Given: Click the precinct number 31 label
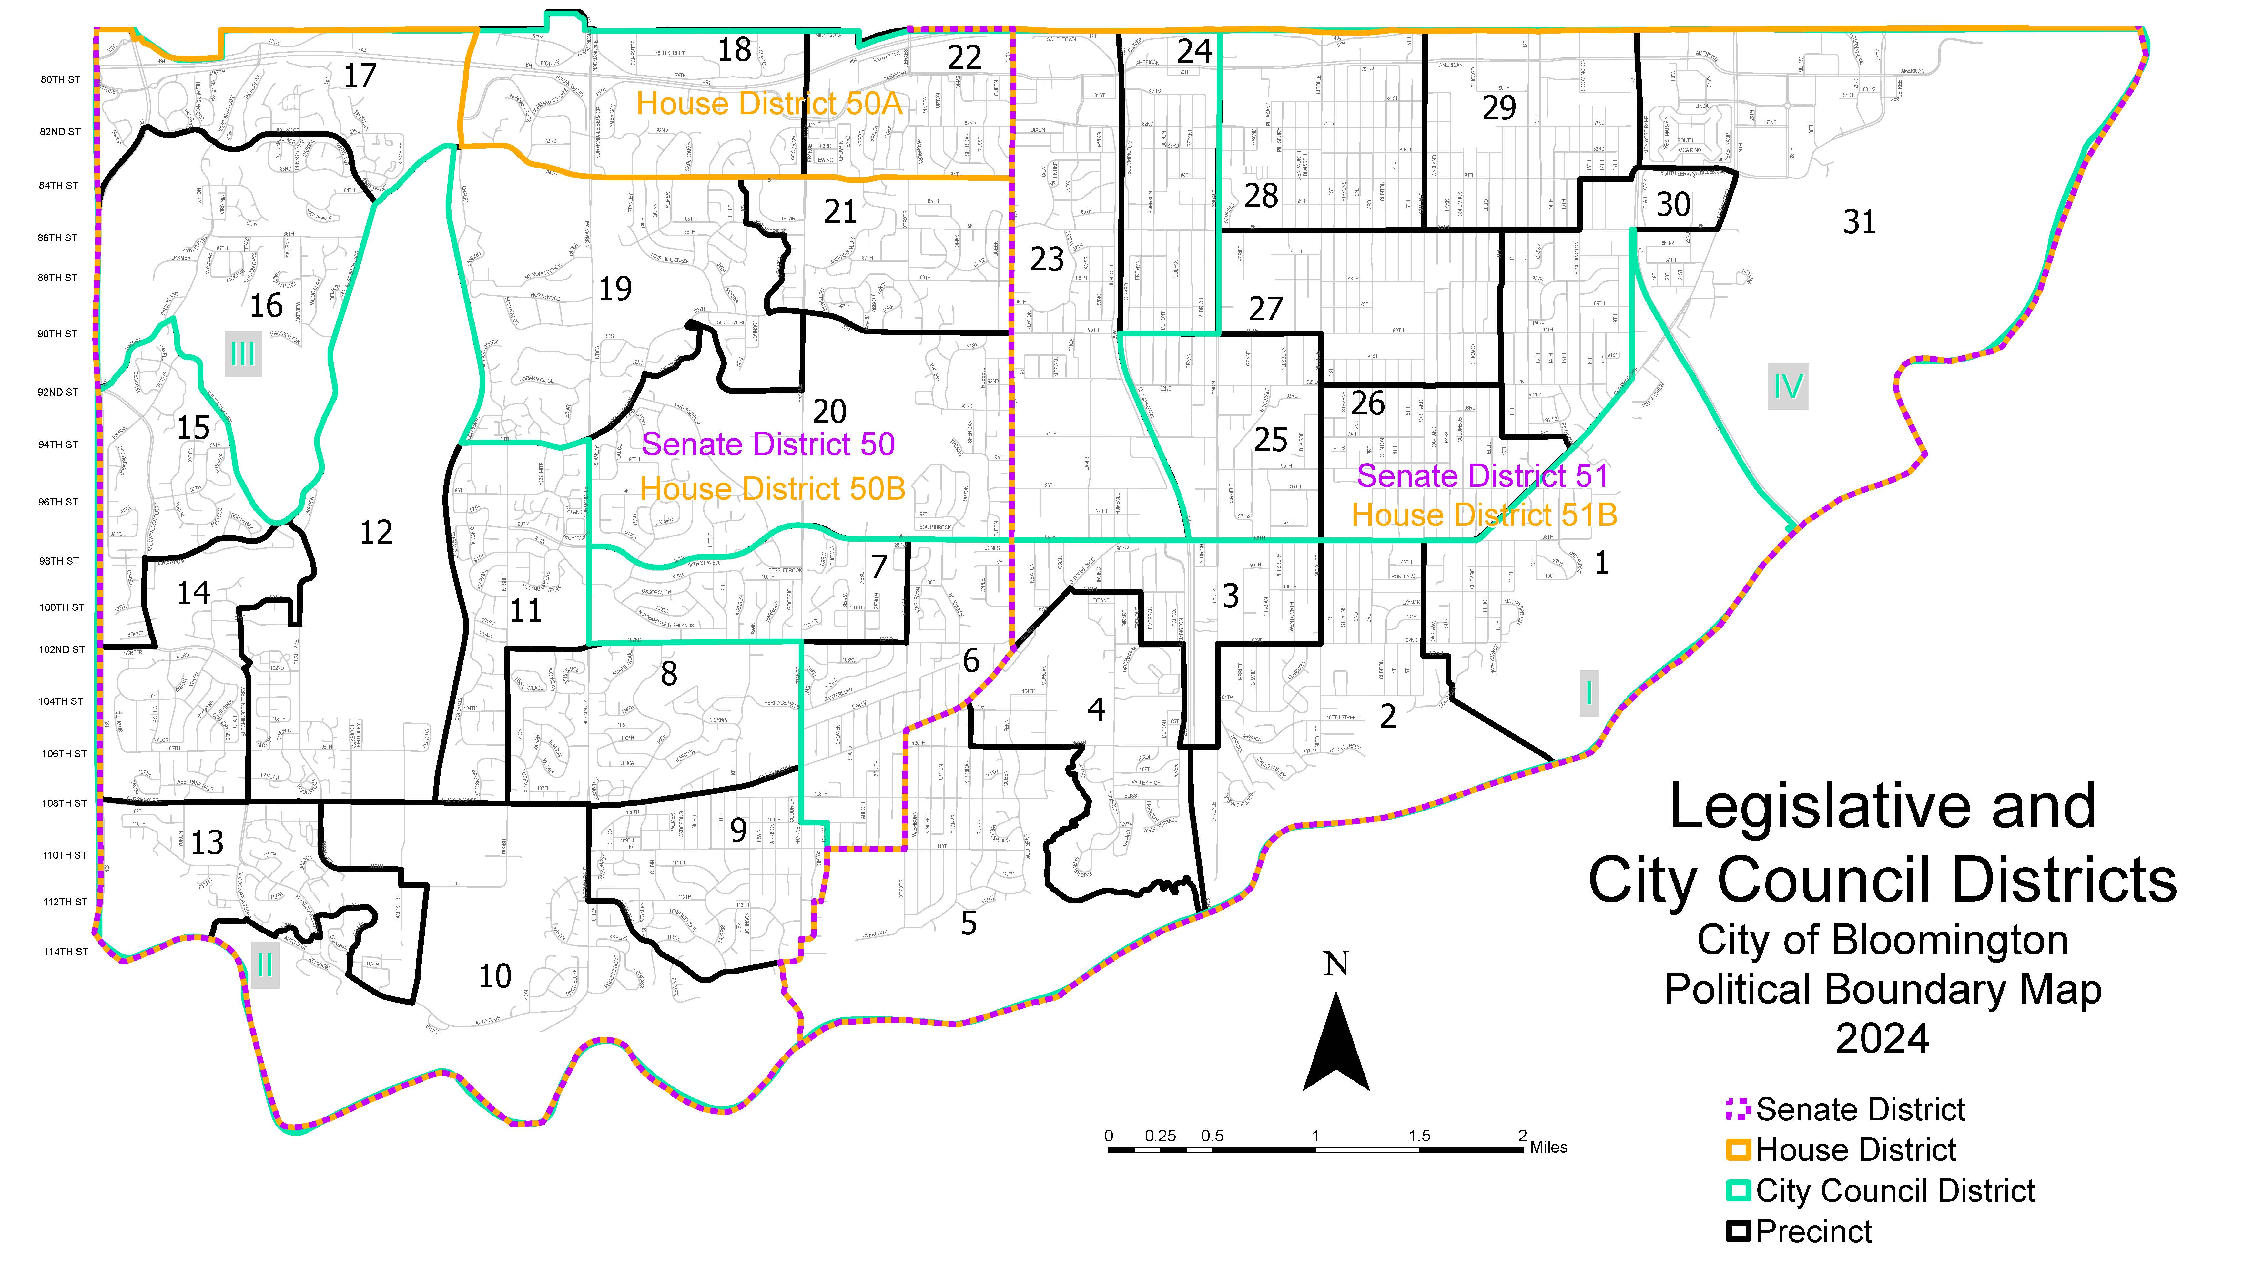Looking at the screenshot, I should coord(1859,222).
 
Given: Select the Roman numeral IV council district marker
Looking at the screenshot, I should coord(1788,386).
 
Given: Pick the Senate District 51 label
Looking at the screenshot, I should coord(1482,475).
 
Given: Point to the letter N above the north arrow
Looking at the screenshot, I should coord(1336,964).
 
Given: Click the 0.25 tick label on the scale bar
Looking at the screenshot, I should coord(1160,1136).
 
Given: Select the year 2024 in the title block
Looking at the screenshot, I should coord(1882,1039).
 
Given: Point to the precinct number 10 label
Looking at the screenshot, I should coord(495,975).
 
